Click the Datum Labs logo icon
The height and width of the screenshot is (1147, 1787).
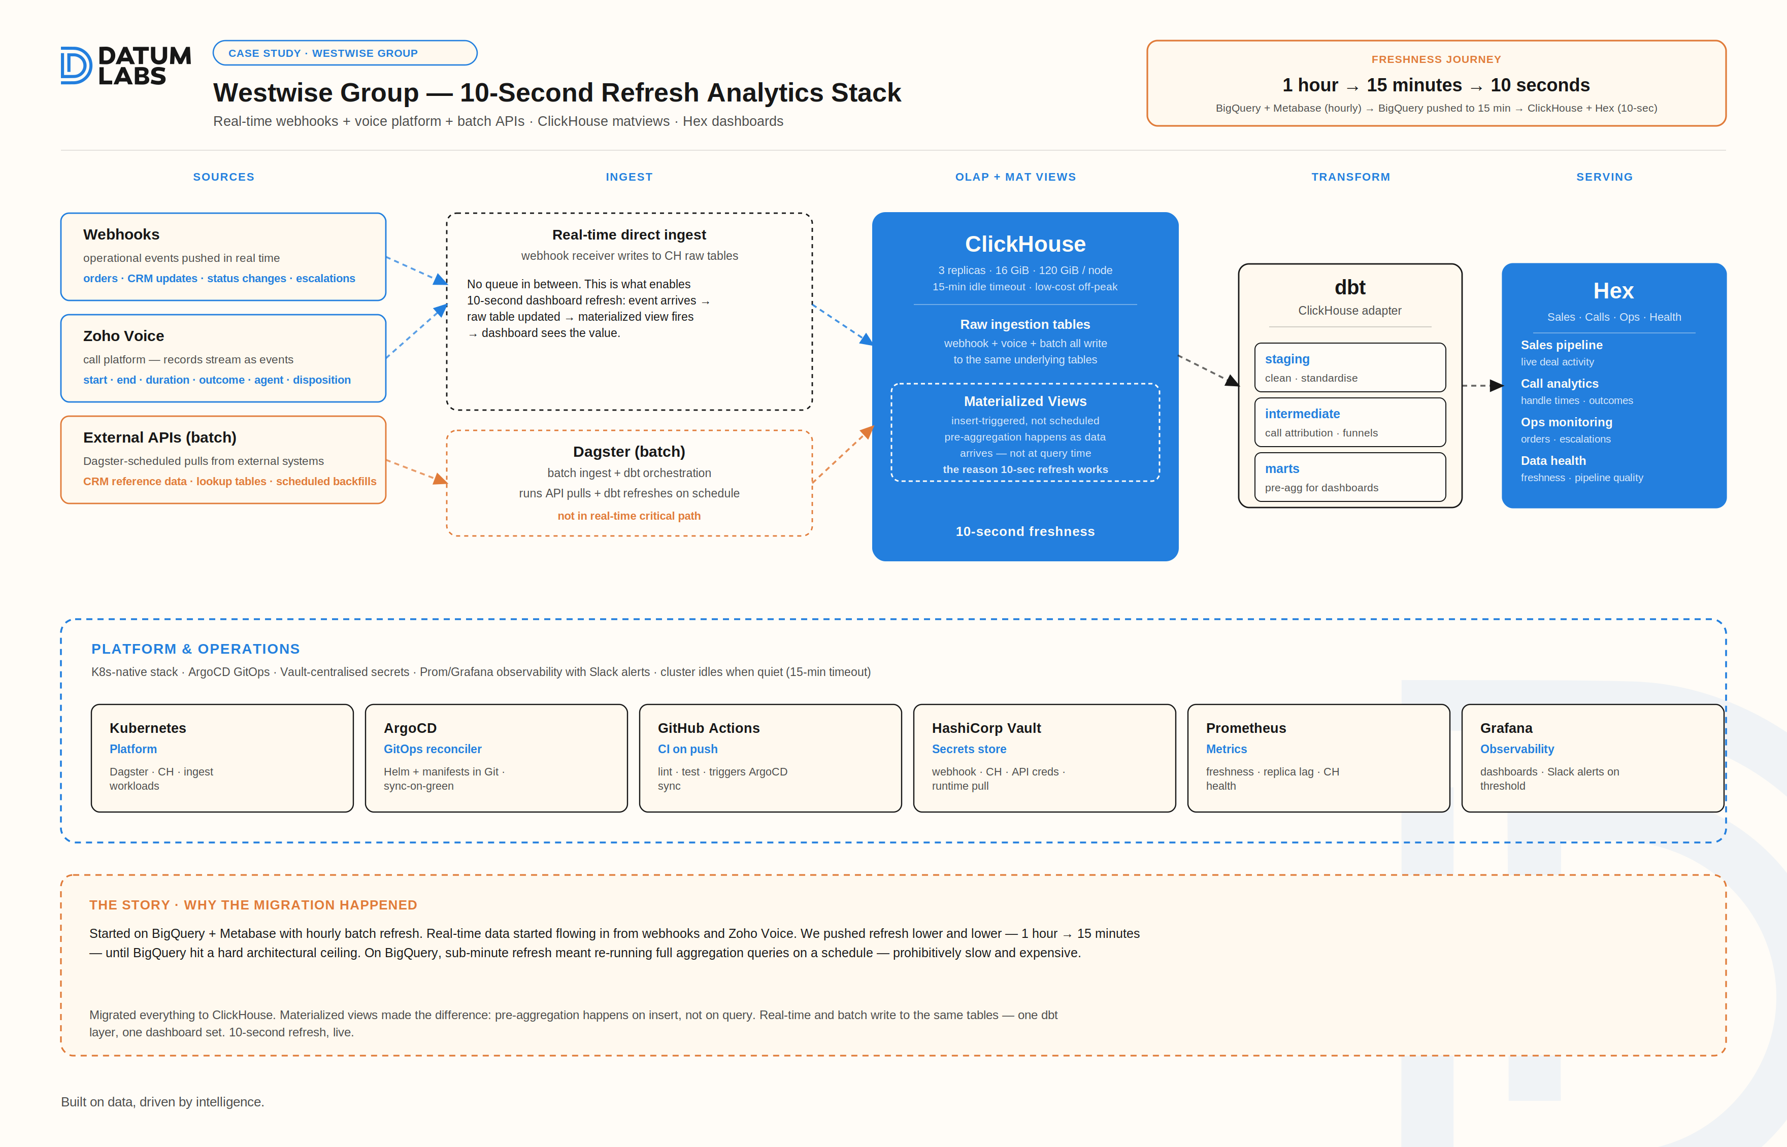click(x=76, y=65)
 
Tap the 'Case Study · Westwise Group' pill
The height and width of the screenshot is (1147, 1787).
click(x=345, y=53)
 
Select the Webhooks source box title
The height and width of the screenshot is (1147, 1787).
click(x=121, y=234)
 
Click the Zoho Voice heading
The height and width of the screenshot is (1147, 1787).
click(x=124, y=336)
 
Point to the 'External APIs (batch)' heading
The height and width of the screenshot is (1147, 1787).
click(x=159, y=437)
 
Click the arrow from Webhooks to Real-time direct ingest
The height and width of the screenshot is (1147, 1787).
click(x=416, y=271)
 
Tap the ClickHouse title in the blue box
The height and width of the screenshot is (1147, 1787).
click(x=1025, y=244)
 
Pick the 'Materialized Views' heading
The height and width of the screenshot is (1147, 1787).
click(x=1025, y=401)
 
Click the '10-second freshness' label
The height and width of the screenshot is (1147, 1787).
click(x=1025, y=531)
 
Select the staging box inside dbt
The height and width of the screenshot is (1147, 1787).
click(x=1350, y=367)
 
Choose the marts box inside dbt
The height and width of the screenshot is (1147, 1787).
click(x=1350, y=477)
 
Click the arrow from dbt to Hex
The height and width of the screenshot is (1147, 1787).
click(x=1482, y=385)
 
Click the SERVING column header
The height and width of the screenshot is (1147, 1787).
click(x=1604, y=177)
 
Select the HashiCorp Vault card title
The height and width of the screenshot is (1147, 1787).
click(x=986, y=728)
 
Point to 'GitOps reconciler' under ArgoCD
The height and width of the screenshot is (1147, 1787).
click(x=432, y=749)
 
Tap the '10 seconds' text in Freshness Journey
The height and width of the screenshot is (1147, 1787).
click(x=1540, y=85)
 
